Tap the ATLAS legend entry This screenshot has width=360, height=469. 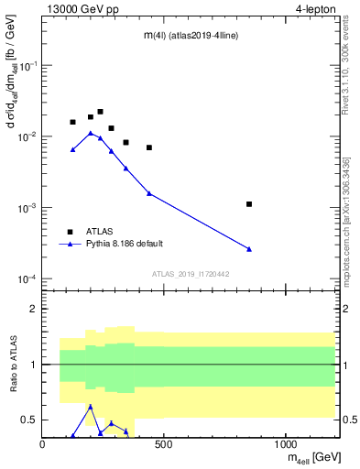pos(98,232)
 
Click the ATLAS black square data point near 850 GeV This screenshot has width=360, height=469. pos(249,204)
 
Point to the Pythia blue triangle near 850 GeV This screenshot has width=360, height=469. pos(249,249)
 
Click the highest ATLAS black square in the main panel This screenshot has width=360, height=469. pos(100,112)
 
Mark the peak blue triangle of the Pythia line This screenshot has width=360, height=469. pos(91,133)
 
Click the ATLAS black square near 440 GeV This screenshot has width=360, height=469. pos(149,147)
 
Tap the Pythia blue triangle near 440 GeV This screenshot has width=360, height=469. pos(149,193)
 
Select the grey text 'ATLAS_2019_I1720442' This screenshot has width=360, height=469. pos(190,274)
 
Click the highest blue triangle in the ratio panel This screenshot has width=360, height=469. pos(91,406)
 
